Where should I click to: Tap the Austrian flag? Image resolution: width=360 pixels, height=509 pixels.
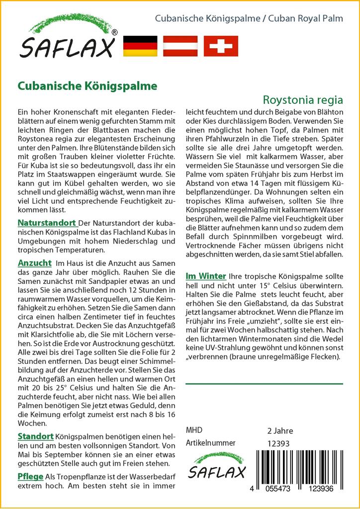180,46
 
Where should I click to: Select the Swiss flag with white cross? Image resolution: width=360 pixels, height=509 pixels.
221,46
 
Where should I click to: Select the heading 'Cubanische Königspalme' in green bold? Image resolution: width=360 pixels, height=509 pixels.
88,85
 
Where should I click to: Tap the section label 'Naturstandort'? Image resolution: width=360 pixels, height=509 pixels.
47,222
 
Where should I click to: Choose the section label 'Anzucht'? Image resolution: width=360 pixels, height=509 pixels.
35,262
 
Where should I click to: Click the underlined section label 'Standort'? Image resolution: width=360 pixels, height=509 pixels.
36,436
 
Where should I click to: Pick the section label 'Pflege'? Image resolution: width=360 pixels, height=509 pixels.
30,476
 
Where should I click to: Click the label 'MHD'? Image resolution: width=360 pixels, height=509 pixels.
194,430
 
